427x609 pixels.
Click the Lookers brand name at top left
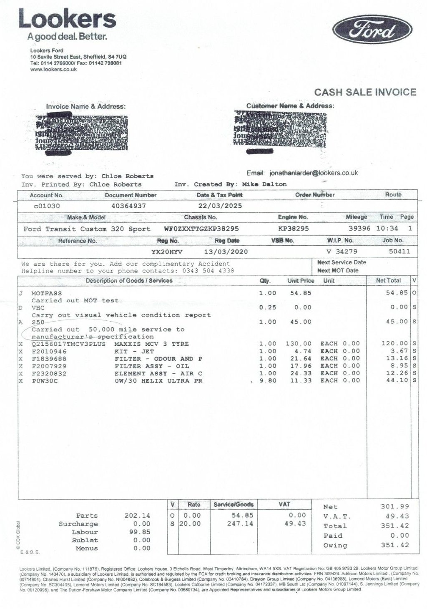pos(67,19)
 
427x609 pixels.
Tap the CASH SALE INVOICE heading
pos(365,92)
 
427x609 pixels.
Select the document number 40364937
pos(129,206)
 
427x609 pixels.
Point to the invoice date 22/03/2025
pos(220,206)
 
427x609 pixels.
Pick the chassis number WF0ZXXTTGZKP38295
pos(201,229)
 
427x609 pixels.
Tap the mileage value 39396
pos(359,229)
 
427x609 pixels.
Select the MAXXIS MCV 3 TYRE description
pos(151,344)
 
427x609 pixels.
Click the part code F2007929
pos(49,366)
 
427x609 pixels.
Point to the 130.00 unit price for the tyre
pos(298,344)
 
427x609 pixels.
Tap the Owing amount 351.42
pos(394,545)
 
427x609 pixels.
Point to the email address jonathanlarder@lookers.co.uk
pos(314,173)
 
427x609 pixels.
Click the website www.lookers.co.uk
pos(53,70)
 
